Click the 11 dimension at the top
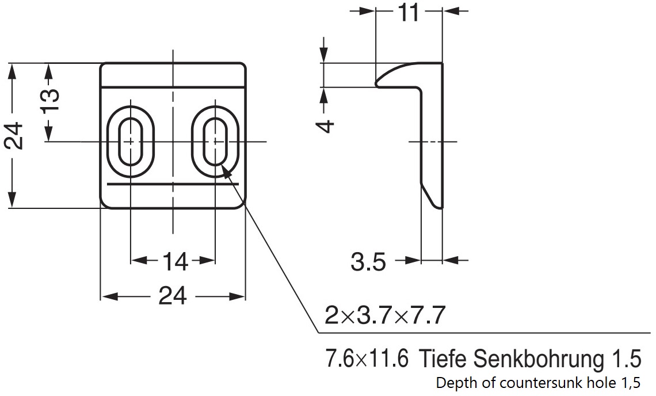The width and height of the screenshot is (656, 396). [409, 13]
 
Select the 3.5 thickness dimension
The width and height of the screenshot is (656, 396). [368, 262]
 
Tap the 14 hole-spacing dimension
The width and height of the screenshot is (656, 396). [174, 262]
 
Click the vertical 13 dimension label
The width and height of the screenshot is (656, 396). [50, 100]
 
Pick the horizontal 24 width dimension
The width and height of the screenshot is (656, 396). [173, 297]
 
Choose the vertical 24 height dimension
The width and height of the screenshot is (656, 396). [14, 136]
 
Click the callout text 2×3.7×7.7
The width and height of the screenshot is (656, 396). [385, 315]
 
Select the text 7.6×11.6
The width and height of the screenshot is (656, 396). [367, 359]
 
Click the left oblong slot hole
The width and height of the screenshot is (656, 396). [131, 142]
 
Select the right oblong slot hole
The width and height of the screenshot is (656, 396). [215, 142]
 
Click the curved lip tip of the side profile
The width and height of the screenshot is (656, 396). [378, 82]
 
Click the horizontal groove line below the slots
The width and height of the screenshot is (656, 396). [173, 184]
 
